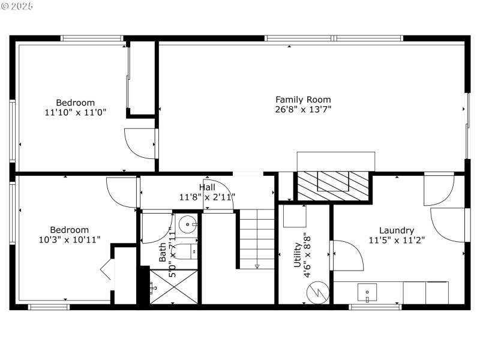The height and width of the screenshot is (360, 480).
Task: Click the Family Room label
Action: [x=303, y=100]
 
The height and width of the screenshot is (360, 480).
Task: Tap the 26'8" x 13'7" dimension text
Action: [x=303, y=109]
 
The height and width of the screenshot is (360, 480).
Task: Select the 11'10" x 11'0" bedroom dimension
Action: [x=76, y=112]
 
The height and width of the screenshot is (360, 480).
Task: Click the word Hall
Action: [x=207, y=187]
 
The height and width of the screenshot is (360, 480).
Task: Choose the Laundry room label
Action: [x=396, y=230]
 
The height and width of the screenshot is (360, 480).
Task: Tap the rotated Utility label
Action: [x=298, y=255]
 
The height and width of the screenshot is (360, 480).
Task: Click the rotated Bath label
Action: [x=163, y=252]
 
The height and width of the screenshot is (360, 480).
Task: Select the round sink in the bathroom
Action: [x=188, y=226]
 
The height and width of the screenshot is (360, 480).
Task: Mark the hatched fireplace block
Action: [x=333, y=185]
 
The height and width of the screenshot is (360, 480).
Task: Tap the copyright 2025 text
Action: [x=18, y=5]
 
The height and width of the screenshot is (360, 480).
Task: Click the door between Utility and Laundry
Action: [x=347, y=255]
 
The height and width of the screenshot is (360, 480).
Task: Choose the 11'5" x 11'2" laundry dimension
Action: [x=396, y=240]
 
